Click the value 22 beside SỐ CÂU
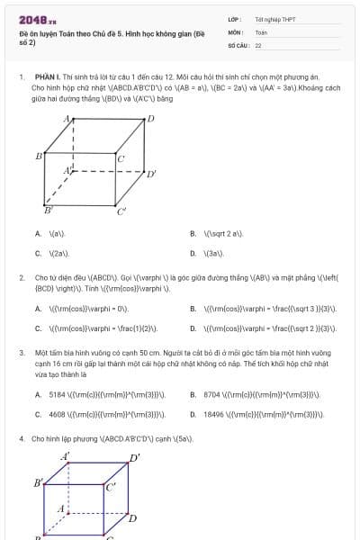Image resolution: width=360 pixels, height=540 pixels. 258,44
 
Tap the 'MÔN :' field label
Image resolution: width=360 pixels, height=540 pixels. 235,31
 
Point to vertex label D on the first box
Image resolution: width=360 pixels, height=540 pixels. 150,118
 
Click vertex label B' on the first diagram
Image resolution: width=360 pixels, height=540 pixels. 48,210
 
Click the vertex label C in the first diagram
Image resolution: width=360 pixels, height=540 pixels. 121,159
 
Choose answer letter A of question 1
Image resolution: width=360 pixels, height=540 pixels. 38,233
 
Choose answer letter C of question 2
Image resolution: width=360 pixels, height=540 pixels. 38,328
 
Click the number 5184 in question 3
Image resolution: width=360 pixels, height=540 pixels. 57,394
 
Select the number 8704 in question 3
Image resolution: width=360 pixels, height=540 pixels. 212,394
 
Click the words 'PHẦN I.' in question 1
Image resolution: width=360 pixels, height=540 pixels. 46,78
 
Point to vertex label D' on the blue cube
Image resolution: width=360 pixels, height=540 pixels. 135,458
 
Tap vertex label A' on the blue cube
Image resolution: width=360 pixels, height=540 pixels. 65,456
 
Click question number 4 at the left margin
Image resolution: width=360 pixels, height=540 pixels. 21,438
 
